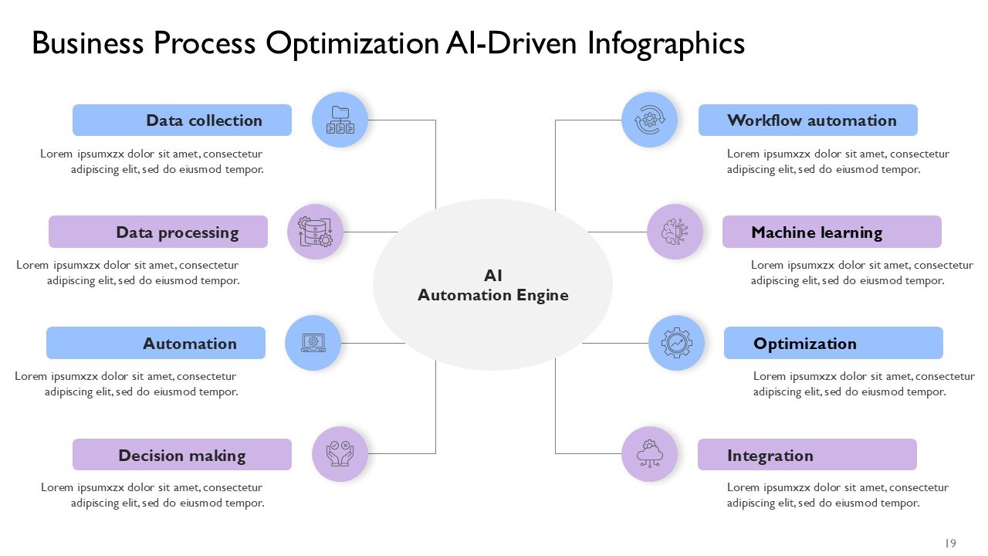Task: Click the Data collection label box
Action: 182,120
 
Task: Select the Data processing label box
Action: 158,232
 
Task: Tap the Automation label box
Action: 156,343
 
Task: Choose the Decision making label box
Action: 182,455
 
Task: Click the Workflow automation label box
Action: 808,120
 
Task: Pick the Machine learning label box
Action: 832,232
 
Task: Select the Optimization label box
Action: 834,343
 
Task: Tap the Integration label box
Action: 807,455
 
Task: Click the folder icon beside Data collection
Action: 340,120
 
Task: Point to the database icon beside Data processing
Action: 315,232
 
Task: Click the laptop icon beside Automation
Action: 313,343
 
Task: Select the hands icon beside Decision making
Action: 340,454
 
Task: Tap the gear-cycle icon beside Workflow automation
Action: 649,120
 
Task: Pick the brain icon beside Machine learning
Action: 675,232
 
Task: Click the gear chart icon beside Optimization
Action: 676,343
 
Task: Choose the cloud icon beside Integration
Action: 649,454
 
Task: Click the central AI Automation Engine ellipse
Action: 492,284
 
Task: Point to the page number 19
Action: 950,543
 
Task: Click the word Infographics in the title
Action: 666,43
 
